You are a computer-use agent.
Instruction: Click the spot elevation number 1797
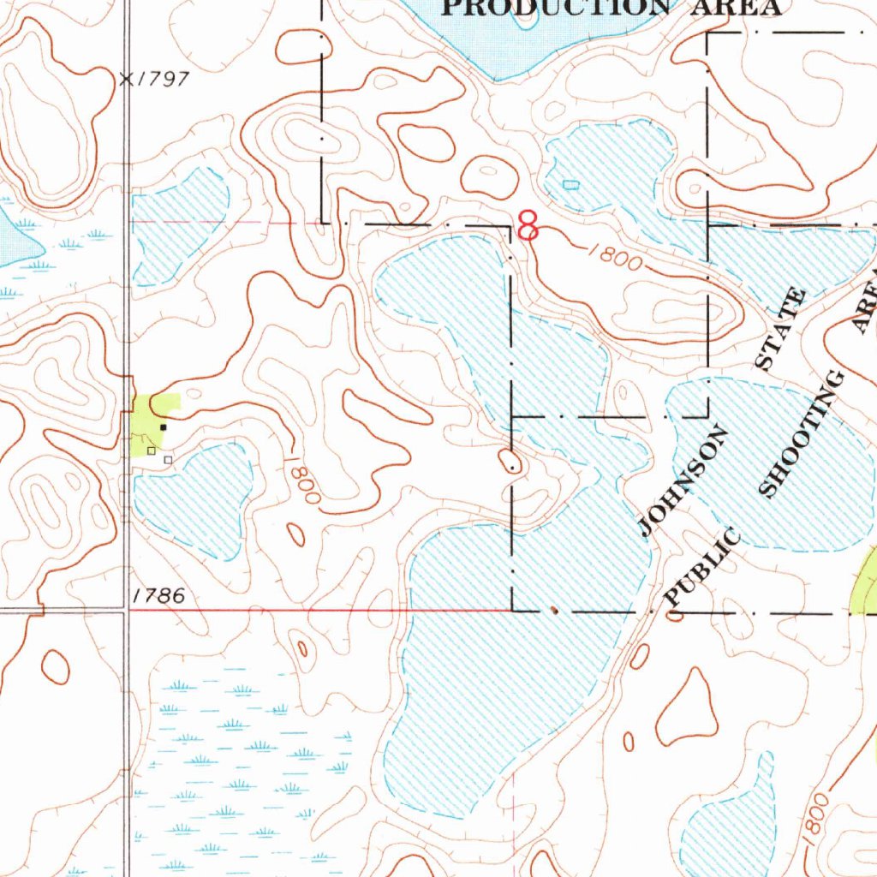click(165, 79)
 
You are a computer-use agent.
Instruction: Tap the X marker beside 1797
click(128, 79)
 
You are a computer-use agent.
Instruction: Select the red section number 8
click(528, 226)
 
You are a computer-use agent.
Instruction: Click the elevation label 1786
click(160, 596)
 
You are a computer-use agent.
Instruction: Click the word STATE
click(780, 330)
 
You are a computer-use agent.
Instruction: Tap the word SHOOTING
click(803, 433)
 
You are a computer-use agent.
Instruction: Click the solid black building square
click(163, 426)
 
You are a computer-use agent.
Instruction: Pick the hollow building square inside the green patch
click(152, 450)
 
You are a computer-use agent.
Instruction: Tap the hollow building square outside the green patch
click(168, 460)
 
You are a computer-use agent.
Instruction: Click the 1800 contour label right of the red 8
click(615, 257)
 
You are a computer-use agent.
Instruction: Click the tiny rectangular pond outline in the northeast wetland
click(571, 184)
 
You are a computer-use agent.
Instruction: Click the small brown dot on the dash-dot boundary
click(554, 612)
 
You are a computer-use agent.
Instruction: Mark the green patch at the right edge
click(867, 582)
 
